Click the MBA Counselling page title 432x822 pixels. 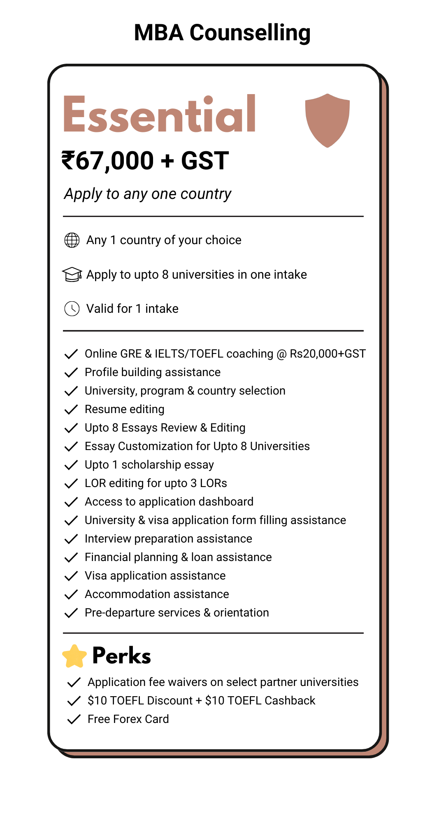pos(222,33)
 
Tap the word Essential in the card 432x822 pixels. pos(160,114)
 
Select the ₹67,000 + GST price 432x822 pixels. pos(145,160)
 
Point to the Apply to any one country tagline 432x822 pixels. pos(148,194)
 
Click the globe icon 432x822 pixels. pos(72,240)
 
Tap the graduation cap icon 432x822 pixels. pos(72,275)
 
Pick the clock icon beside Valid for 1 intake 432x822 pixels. pos(72,309)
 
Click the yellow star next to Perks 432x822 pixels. pos(74,656)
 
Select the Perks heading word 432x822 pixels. pos(122,656)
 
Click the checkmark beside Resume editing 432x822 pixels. pos(71,409)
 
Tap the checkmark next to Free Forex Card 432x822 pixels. pos(74,719)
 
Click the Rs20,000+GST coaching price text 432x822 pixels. pos(327,354)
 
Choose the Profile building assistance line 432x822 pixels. pos(153,372)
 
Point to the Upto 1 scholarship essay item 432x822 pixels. pos(149,465)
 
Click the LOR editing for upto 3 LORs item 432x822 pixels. pos(156,483)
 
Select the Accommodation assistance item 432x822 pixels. pos(157,594)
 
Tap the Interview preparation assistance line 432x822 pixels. pos(168,539)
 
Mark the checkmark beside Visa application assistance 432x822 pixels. pos(71,576)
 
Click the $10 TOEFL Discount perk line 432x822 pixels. pos(201,701)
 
